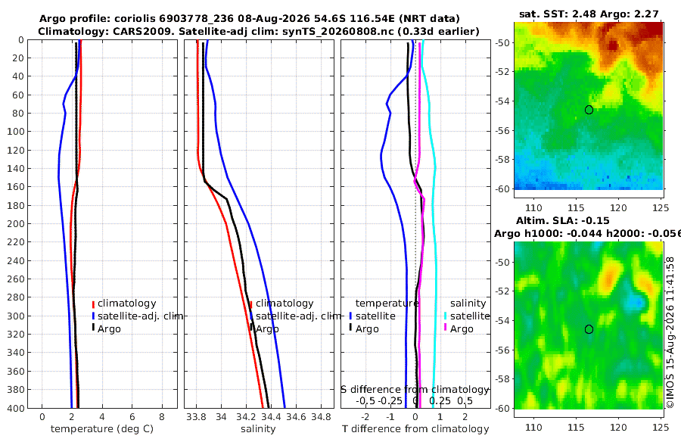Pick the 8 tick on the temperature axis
tap(162, 417)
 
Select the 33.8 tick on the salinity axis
tap(196, 417)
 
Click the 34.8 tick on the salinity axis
tap(322, 417)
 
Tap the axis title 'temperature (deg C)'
tap(102, 429)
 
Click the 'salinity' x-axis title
tap(258, 429)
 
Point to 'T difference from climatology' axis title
tap(415, 429)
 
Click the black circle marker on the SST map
tap(589, 110)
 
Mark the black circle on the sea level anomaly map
tap(589, 329)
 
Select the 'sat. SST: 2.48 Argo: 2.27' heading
tap(589, 14)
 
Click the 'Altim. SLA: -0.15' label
tap(563, 220)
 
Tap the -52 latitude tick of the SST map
tap(503, 72)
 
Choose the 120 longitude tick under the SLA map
tap(618, 427)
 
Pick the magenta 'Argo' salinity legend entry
tap(459, 329)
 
